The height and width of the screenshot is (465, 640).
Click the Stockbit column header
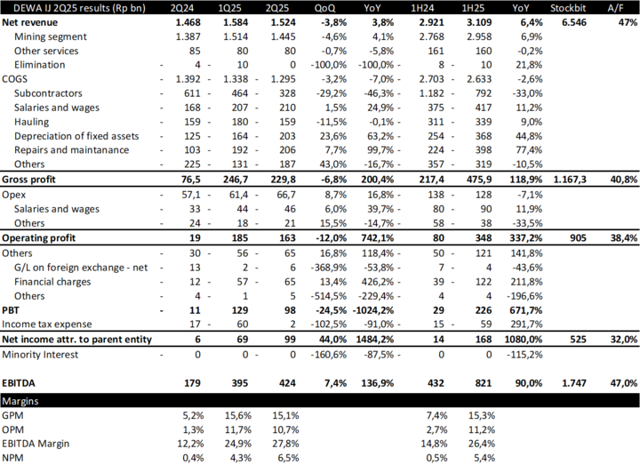(565, 7)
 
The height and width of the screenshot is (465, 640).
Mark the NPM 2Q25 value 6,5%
(285, 457)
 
